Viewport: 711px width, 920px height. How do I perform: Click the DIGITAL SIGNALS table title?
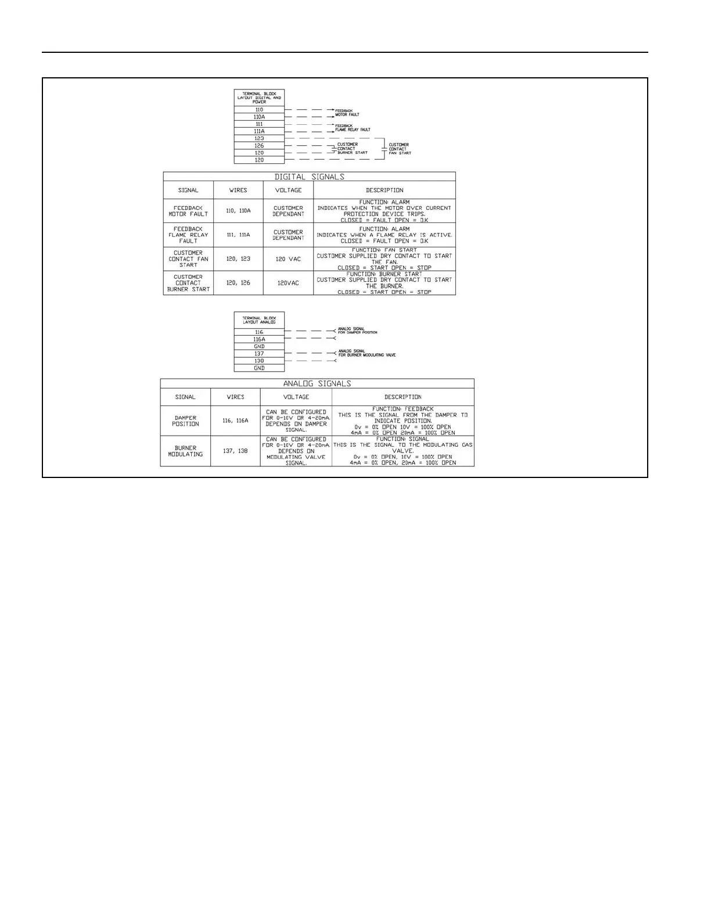coord(309,177)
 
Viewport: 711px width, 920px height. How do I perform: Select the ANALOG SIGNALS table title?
coord(317,383)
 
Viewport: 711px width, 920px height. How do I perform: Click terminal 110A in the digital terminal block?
coord(259,117)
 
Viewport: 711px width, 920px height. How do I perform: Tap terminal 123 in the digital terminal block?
coord(259,138)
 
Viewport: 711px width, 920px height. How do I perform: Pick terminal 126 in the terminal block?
coord(259,146)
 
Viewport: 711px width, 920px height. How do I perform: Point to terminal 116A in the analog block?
coord(259,339)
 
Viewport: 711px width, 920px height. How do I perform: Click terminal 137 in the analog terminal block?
coord(259,354)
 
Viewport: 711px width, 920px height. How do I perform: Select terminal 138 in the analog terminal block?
coord(259,361)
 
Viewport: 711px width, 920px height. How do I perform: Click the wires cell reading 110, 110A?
coord(238,211)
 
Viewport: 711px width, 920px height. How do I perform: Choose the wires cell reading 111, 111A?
coord(238,235)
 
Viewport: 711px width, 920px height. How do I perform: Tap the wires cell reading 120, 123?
coord(238,258)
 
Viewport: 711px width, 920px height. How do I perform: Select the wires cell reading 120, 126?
coord(238,283)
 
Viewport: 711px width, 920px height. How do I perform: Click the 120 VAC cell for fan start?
coord(288,258)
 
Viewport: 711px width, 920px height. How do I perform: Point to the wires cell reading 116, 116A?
coord(235,421)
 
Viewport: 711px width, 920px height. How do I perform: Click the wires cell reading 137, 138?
coord(235,451)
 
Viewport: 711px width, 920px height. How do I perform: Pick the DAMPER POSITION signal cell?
coord(185,421)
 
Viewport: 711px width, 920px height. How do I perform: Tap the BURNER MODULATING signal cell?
coord(185,451)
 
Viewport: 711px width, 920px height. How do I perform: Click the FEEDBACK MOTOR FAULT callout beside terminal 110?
coord(347,113)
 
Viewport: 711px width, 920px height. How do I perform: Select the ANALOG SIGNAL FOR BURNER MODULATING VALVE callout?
coord(367,353)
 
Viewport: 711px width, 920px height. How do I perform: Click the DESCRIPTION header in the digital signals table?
coord(384,190)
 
